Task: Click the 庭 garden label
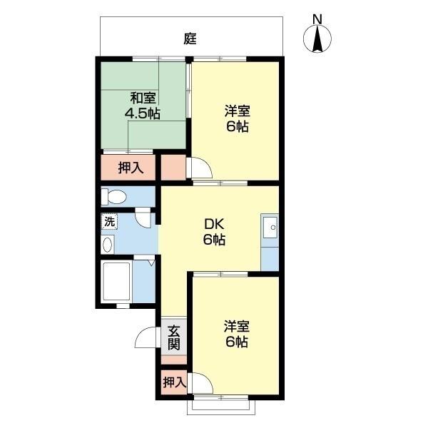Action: click(x=190, y=39)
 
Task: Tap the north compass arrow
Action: click(x=317, y=39)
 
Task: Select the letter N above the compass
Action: click(x=317, y=19)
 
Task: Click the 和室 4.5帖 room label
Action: click(x=143, y=106)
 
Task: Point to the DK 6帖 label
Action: click(x=214, y=232)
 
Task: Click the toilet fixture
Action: click(x=114, y=197)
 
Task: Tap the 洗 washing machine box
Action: click(x=109, y=221)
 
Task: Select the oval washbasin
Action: click(x=107, y=245)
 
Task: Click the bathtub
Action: click(x=116, y=282)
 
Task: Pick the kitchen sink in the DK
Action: click(x=270, y=228)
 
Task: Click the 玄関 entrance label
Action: click(x=173, y=337)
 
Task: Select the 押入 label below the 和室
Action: click(x=131, y=168)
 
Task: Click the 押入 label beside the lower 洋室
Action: click(x=174, y=382)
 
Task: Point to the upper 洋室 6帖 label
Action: click(x=237, y=118)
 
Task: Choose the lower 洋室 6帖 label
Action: click(x=236, y=334)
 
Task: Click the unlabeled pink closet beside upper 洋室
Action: click(x=173, y=168)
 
